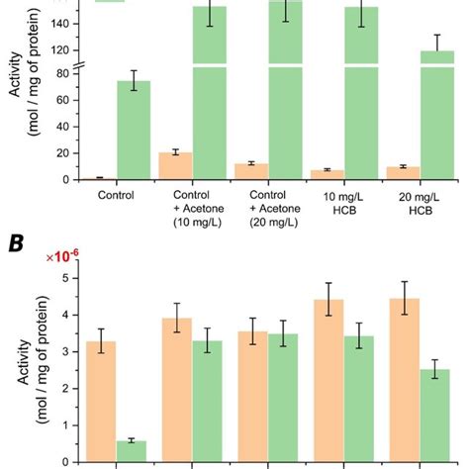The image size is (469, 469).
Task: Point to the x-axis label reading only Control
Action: click(x=116, y=194)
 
